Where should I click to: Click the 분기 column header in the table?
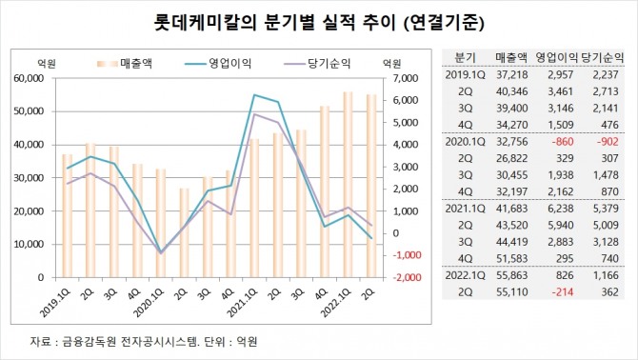[x=466, y=57]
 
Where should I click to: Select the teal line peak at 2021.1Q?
[x=253, y=95]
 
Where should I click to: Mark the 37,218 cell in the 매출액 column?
[x=510, y=72]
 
